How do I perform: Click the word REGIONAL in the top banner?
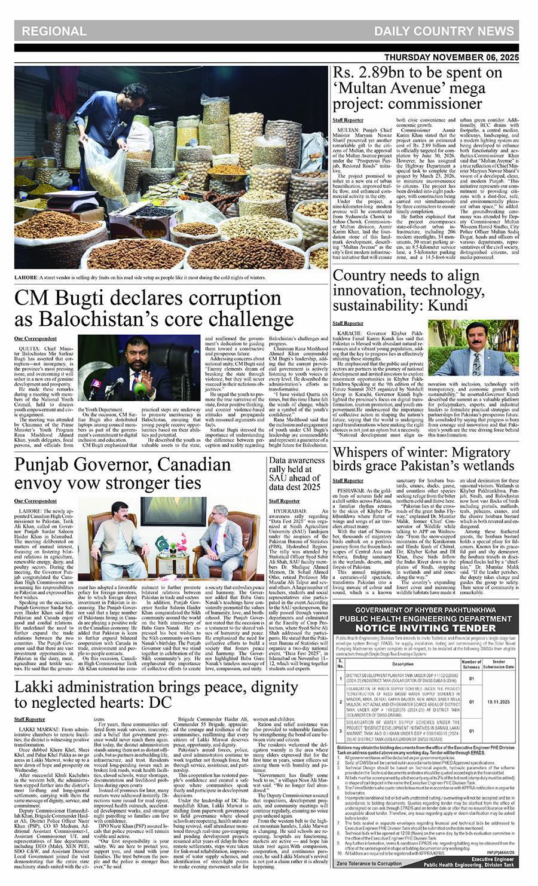(54, 31)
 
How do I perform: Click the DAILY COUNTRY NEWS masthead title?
(444, 31)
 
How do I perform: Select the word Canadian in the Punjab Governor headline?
(192, 465)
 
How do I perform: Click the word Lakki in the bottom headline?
(33, 687)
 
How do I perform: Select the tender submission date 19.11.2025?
(498, 702)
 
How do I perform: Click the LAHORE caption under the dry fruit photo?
(26, 277)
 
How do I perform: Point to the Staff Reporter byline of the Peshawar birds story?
(348, 480)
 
